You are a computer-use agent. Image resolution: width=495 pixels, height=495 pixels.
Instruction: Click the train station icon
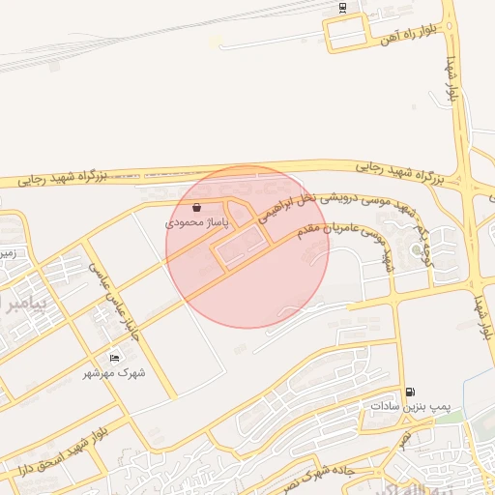click(342, 8)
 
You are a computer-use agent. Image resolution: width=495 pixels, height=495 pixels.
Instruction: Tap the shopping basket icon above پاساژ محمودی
click(197, 207)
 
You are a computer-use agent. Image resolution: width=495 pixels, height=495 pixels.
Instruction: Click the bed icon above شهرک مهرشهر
click(115, 359)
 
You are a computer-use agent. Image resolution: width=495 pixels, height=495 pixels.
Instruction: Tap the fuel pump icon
click(412, 393)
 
